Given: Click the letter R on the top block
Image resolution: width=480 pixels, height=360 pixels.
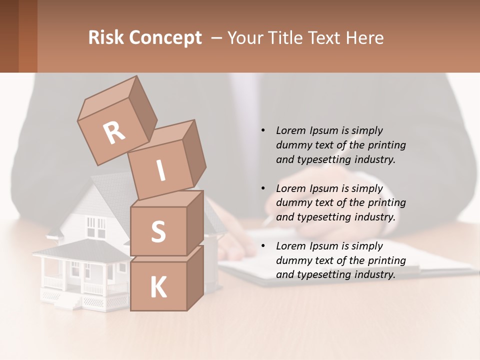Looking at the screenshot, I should [114, 133].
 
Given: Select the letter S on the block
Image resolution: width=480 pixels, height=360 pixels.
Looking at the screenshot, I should [158, 231].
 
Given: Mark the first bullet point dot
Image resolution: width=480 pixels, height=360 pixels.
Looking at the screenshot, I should [263, 130].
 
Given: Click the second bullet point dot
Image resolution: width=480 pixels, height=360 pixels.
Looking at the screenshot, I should [263, 188].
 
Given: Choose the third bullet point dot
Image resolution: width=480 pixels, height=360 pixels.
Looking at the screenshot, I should [263, 246].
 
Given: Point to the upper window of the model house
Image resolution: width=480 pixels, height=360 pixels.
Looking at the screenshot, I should [96, 226].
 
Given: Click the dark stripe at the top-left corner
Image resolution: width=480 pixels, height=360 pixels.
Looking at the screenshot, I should [9, 36].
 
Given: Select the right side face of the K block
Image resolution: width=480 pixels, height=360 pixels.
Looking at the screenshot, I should [195, 278].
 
